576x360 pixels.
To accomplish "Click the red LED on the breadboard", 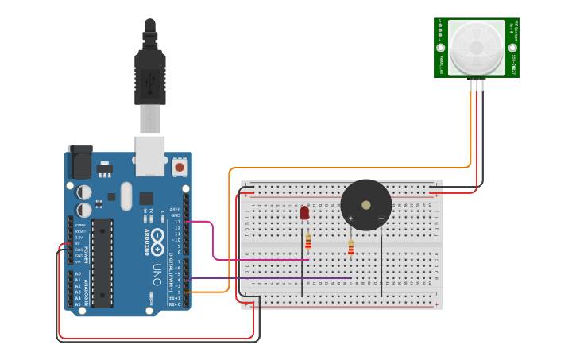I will (304, 212).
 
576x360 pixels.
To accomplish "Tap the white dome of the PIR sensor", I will (476, 48).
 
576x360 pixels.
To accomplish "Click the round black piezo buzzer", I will (366, 205).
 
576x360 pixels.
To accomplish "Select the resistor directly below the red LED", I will (308, 243).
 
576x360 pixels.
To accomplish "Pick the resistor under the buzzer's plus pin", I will (350, 249).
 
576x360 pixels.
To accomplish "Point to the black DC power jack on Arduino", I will (79, 162).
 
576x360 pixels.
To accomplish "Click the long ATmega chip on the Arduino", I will (102, 263).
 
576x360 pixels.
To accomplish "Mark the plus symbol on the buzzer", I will (350, 218).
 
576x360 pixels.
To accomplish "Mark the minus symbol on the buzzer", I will (381, 218).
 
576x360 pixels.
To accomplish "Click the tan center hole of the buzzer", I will (365, 204).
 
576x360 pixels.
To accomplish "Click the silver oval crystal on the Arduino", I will (126, 196).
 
